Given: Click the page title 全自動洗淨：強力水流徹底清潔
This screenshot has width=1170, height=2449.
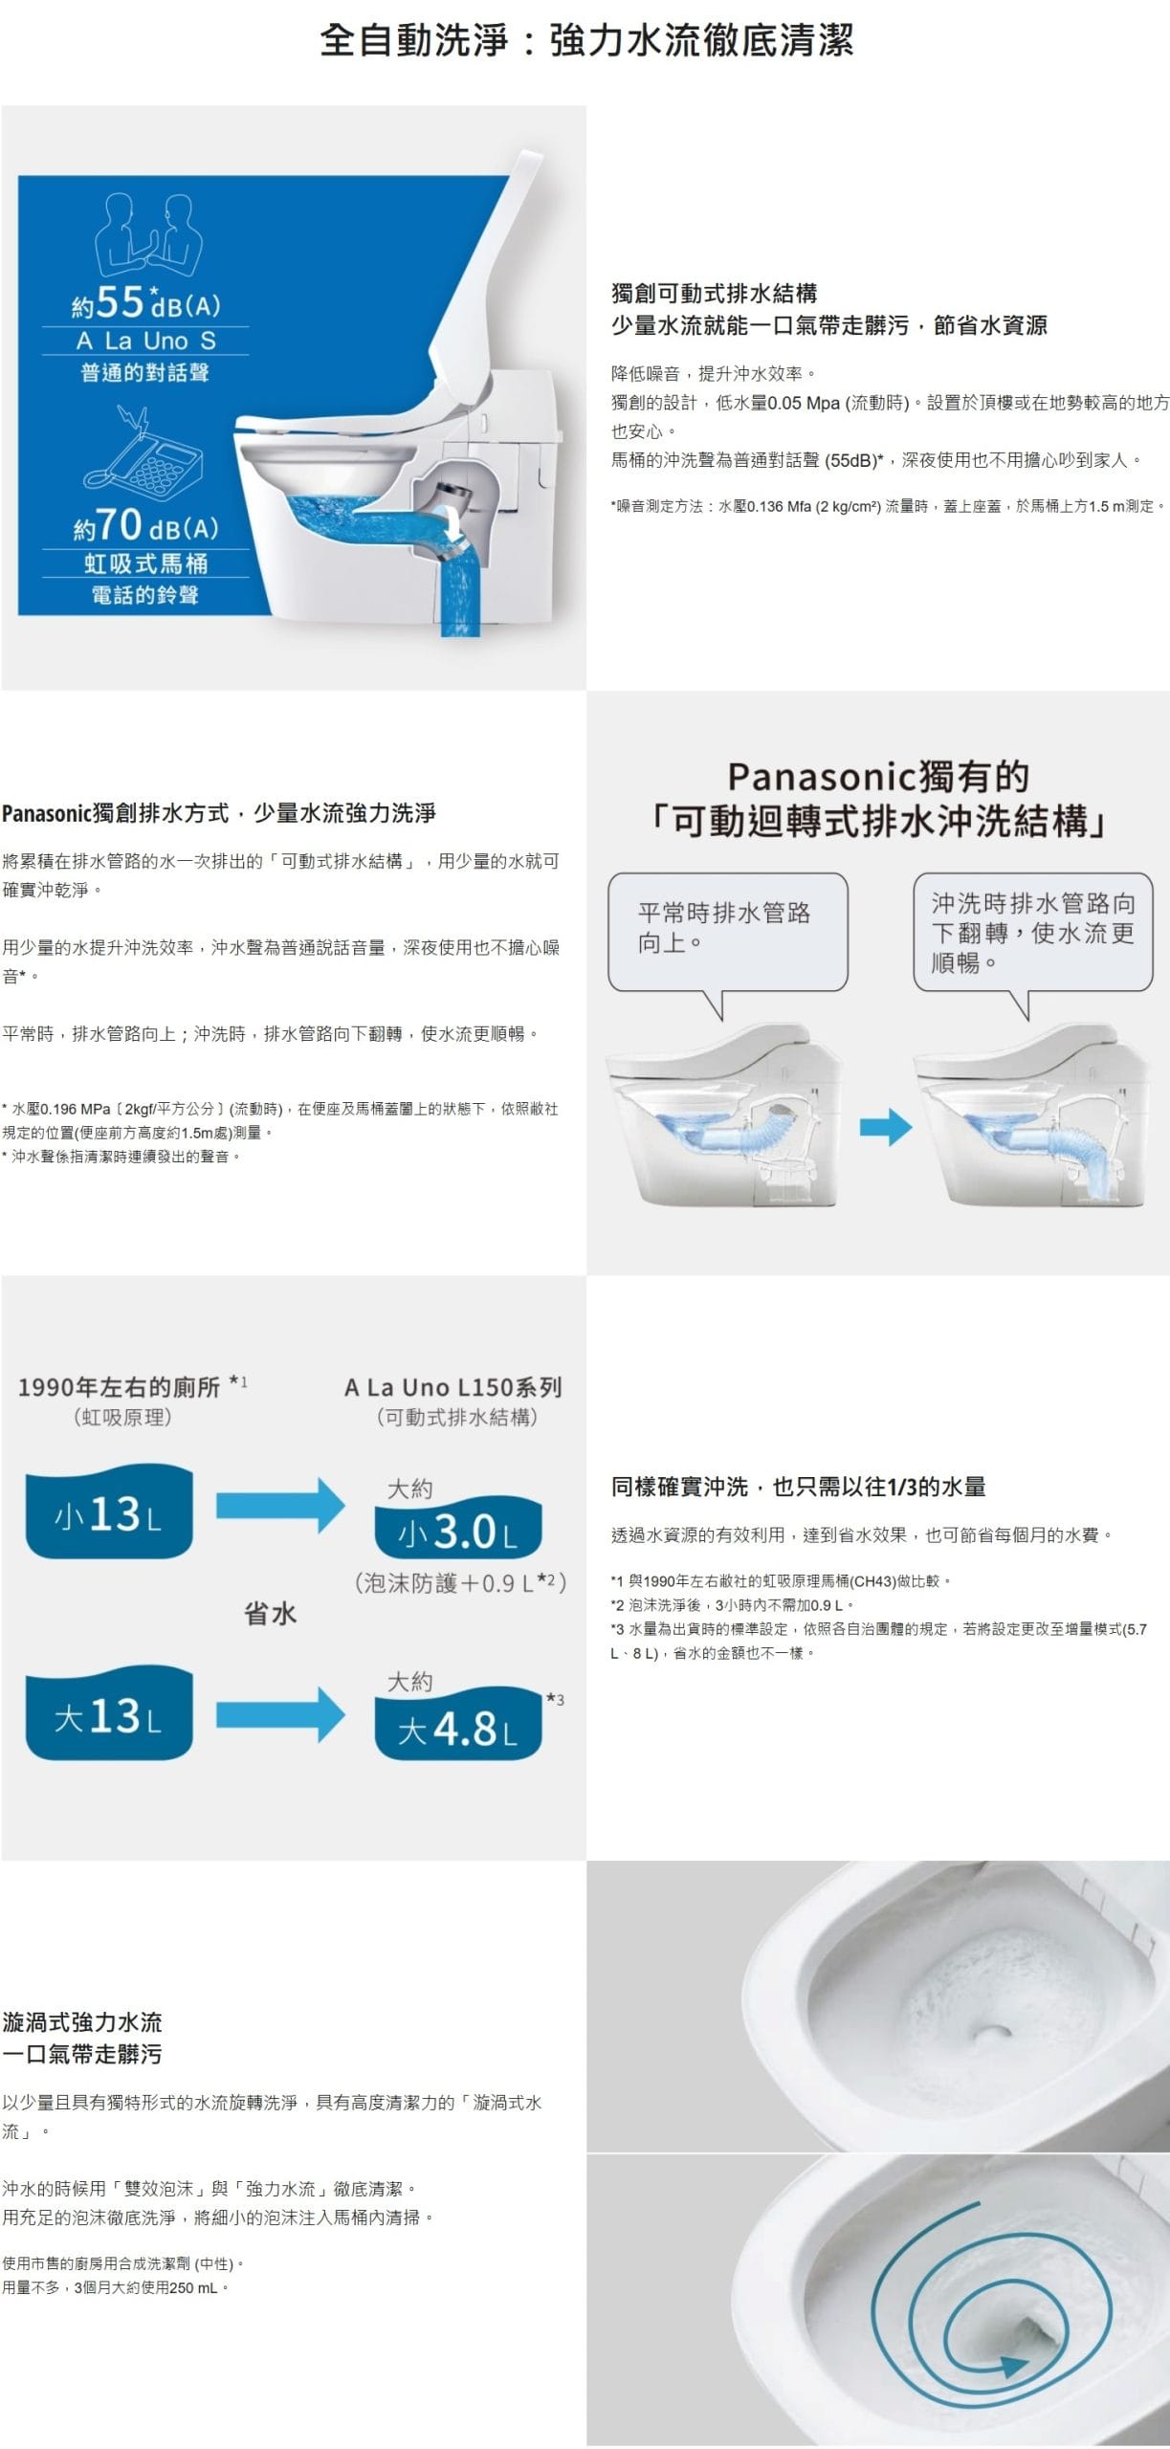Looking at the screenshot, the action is point(585,40).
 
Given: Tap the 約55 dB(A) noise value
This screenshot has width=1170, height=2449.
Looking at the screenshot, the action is point(145,302).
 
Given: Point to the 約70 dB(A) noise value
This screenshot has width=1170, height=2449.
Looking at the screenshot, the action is point(145,524).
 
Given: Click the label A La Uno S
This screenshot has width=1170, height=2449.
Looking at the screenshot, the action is point(145,341).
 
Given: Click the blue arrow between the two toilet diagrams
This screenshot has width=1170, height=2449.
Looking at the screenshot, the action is point(886,1127).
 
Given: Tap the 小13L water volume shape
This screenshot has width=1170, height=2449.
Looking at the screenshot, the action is point(109,1512).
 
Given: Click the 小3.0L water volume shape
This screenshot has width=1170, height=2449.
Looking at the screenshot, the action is point(457,1532).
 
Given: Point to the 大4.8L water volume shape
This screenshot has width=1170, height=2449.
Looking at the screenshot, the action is point(457,1727).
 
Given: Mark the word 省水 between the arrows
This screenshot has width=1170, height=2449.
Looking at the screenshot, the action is point(271,1614).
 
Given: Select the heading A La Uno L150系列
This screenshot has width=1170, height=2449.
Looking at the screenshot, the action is point(453,1387).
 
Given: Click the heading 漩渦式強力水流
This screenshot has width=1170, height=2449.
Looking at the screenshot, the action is point(82,2021).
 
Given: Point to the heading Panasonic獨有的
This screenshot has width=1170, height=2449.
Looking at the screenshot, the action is point(878,777).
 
